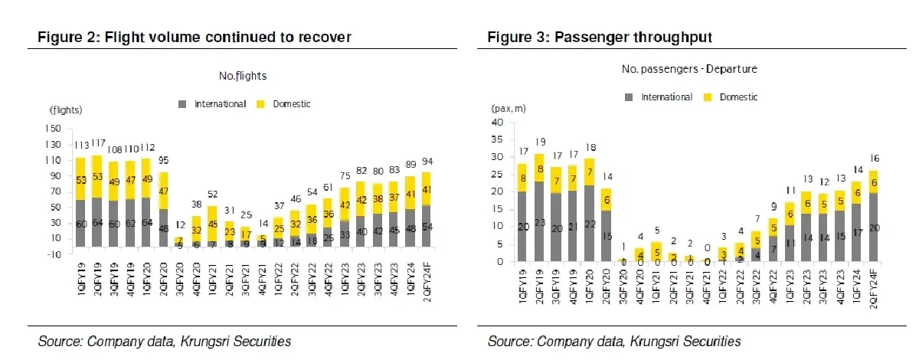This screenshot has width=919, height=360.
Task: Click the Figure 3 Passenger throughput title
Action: click(x=597, y=36)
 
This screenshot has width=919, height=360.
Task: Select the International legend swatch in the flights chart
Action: click(x=182, y=104)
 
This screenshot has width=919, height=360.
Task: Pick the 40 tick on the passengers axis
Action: click(x=498, y=123)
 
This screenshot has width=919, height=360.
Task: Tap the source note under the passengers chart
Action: click(x=614, y=341)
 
